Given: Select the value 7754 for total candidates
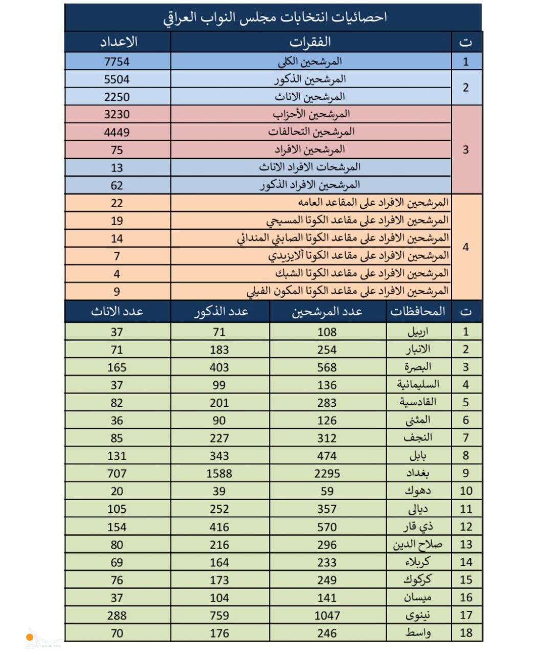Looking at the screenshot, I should pyautogui.click(x=117, y=62).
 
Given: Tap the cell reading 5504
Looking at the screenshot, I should pyautogui.click(x=117, y=79).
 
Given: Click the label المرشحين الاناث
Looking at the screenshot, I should pyautogui.click(x=310, y=97).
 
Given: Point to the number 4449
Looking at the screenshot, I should pyautogui.click(x=117, y=132).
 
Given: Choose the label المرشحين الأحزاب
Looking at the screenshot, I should pyautogui.click(x=311, y=114).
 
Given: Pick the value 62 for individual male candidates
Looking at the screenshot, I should pyautogui.click(x=117, y=185).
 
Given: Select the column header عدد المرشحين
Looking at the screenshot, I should pyautogui.click(x=327, y=311).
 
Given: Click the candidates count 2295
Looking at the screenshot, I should pyautogui.click(x=327, y=473).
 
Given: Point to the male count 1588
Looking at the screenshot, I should pyautogui.click(x=219, y=473).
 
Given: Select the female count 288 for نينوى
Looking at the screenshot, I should pyautogui.click(x=117, y=615).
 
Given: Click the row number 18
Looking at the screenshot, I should pyautogui.click(x=466, y=633).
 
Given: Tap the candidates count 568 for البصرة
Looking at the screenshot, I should pyautogui.click(x=327, y=367).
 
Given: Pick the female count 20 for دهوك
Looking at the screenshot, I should pyautogui.click(x=117, y=491).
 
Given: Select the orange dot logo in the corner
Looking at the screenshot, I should pyautogui.click(x=30, y=637).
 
